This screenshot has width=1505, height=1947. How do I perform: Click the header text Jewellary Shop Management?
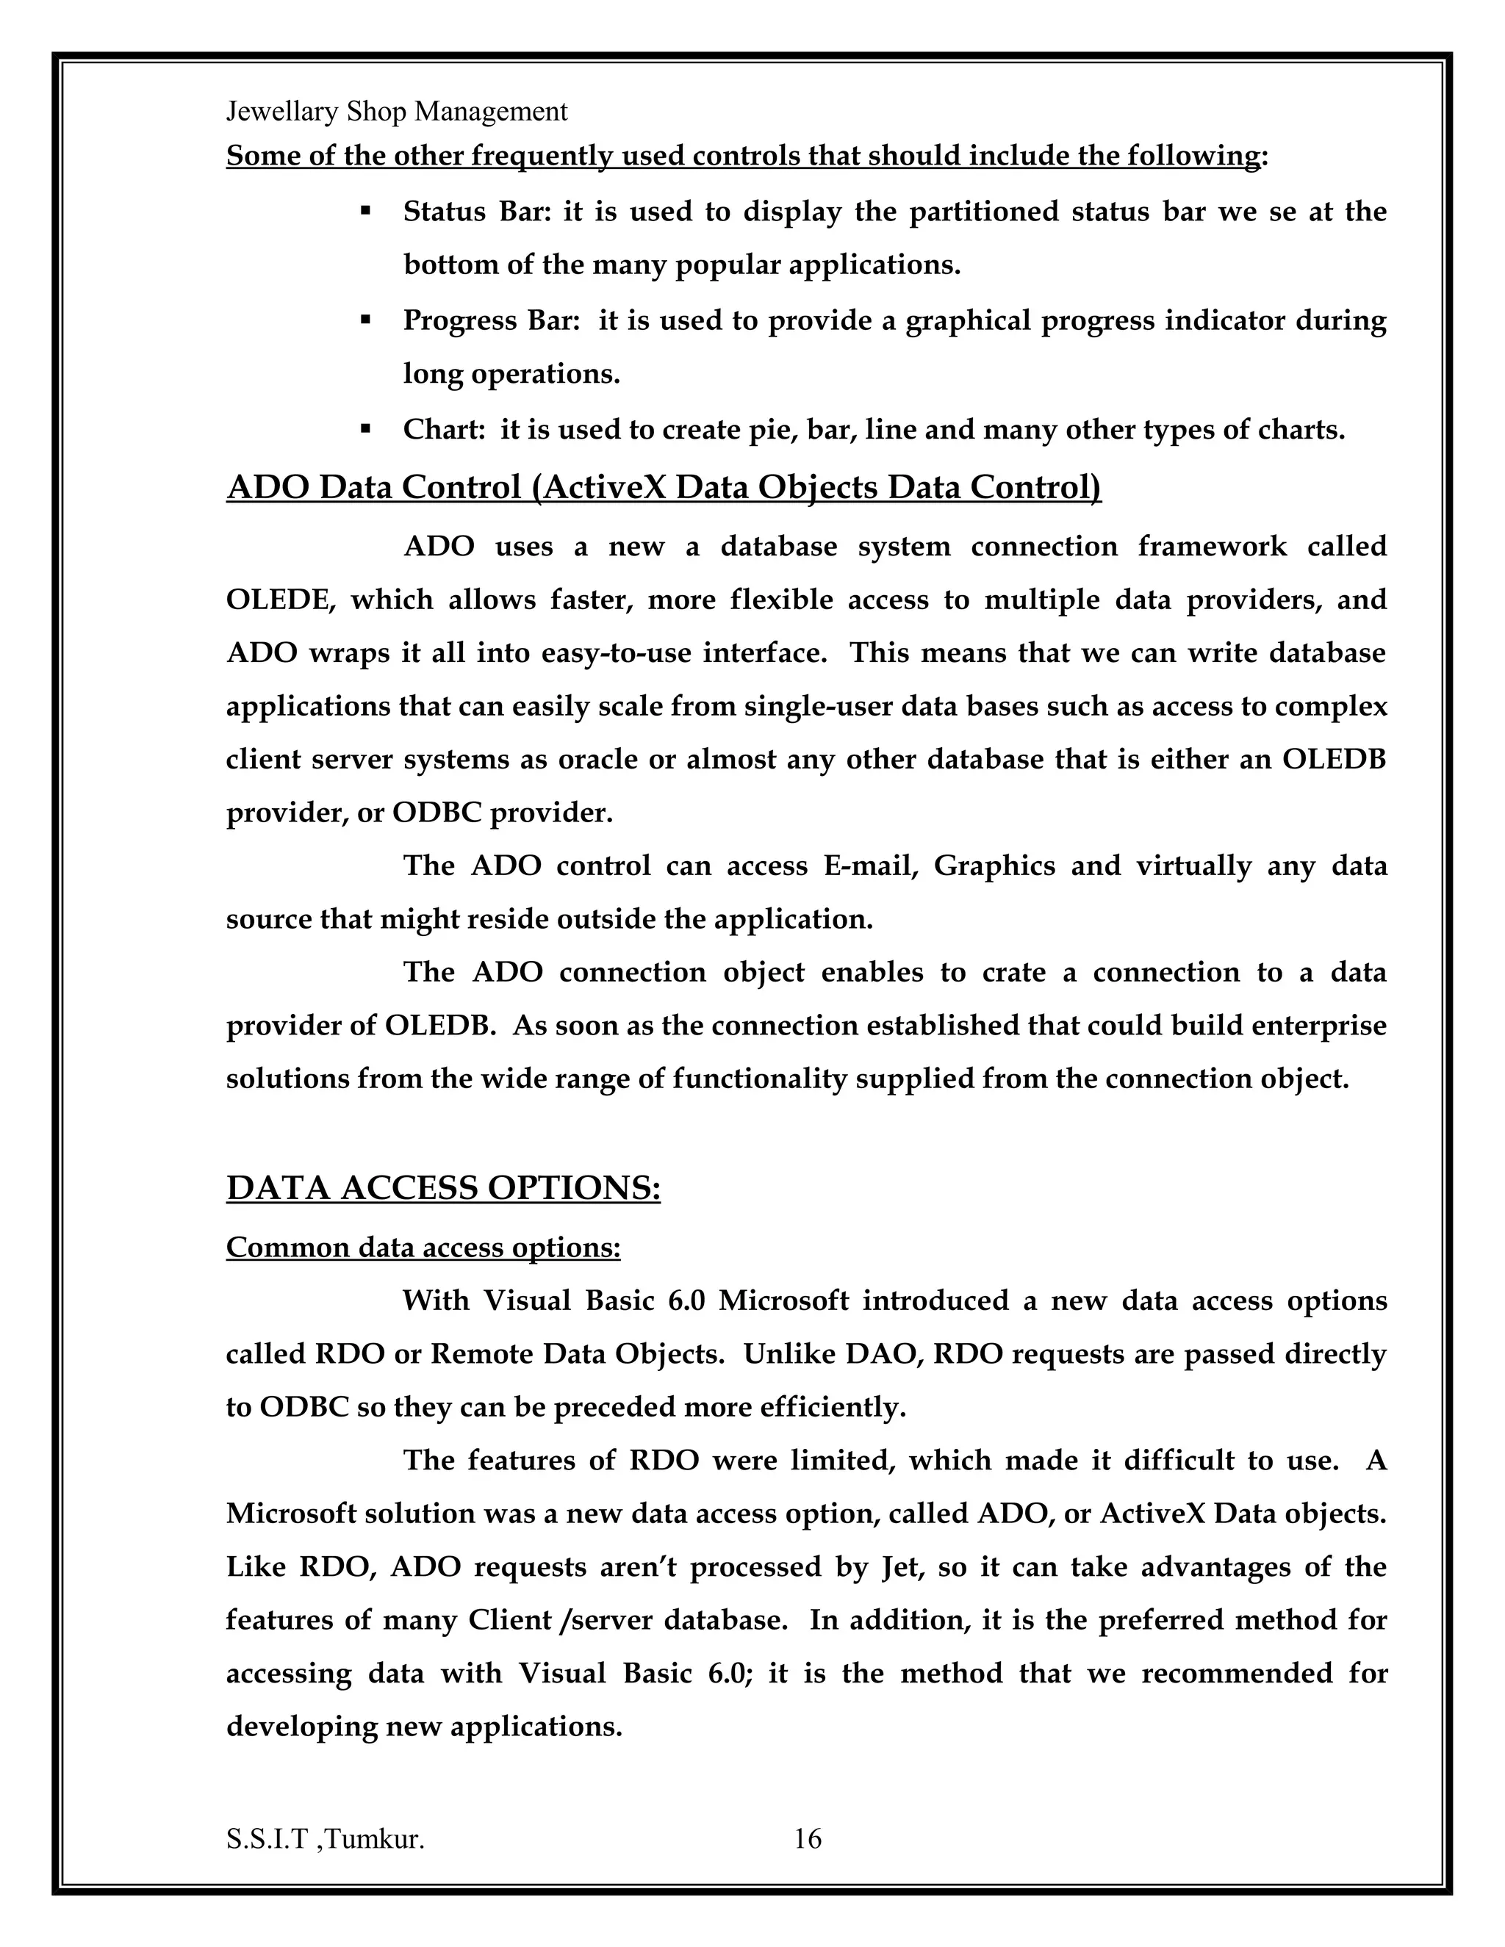coord(396,112)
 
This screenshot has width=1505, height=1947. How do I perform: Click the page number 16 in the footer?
coord(807,1838)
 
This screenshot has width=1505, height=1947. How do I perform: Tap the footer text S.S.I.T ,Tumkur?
coord(325,1839)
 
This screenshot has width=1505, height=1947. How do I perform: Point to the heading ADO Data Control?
coord(664,488)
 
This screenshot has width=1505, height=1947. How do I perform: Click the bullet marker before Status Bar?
coord(364,212)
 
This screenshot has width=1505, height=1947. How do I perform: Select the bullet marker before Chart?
coord(364,429)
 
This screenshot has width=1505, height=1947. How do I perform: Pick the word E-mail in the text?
coord(870,865)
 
